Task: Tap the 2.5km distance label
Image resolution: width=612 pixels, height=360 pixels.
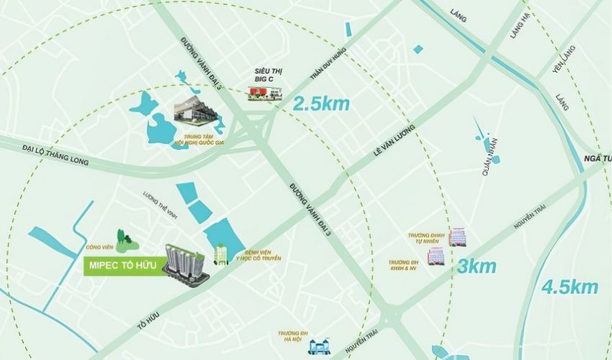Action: [x=321, y=104]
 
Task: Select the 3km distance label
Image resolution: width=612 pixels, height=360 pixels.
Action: [x=477, y=266]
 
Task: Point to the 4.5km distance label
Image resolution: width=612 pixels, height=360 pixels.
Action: [x=570, y=287]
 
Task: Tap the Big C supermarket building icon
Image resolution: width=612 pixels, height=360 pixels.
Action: [x=265, y=93]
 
